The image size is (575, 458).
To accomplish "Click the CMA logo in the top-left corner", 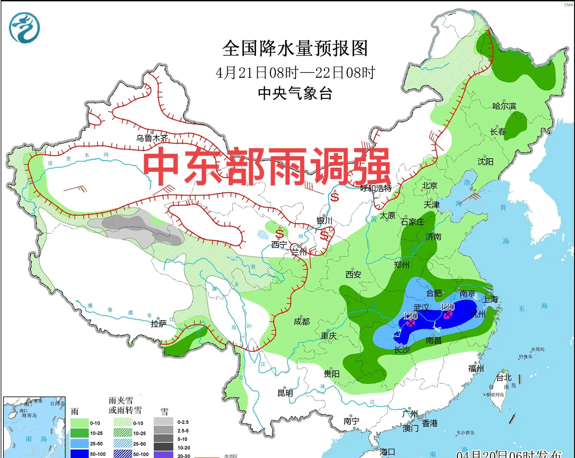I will pos(25,28).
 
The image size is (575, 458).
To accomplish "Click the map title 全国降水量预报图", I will pos(295,48).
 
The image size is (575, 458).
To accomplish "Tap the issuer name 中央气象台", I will pos(295,93).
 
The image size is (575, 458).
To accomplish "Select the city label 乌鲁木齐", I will pos(152,138).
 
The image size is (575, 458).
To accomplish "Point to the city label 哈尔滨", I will pos(504,106).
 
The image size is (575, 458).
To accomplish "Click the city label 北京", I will pos(429,186).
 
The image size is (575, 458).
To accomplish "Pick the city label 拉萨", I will pos(158,324).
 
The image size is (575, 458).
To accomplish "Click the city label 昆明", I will pos(285,393).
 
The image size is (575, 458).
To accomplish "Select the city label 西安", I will pos(353,274).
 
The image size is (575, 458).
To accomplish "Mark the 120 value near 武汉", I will pos(410,316).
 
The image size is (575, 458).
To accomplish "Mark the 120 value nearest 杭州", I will pos(447,307).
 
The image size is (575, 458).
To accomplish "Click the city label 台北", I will pos(504,378).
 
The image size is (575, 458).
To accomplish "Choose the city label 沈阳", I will pos(485,162).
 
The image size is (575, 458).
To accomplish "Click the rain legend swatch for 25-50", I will pos(79,443).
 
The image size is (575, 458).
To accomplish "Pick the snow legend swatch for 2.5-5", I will pos(163,431).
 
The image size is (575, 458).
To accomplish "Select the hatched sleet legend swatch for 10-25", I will pos(123,433).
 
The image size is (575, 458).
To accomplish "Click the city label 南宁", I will pos(351,421).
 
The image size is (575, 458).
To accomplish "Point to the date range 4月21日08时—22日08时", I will pos(295,73).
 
